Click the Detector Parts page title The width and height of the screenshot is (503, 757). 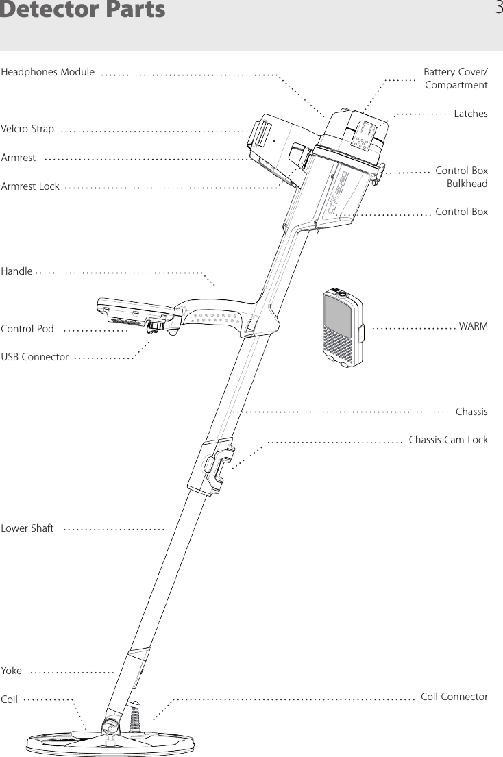tap(83, 10)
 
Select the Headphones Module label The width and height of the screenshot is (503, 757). tap(49, 72)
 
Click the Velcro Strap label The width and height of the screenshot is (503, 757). tap(28, 129)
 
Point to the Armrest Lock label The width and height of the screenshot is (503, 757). tap(31, 186)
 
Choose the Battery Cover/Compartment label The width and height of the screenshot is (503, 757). tap(456, 78)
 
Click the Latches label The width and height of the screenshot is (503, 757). tap(471, 114)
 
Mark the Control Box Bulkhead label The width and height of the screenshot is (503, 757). tap(461, 177)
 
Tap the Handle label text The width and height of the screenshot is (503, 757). tap(17, 271)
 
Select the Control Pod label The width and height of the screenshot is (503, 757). tap(28, 329)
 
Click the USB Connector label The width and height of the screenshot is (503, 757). tap(35, 357)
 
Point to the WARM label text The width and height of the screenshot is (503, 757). tap(474, 326)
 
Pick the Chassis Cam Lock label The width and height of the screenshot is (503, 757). tap(448, 439)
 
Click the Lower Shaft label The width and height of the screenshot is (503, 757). tap(28, 528)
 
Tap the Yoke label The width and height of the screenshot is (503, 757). tap(12, 671)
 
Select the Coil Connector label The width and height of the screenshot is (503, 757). tap(454, 697)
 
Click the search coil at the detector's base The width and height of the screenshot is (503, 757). tap(110, 743)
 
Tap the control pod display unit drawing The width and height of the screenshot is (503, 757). tap(137, 312)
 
